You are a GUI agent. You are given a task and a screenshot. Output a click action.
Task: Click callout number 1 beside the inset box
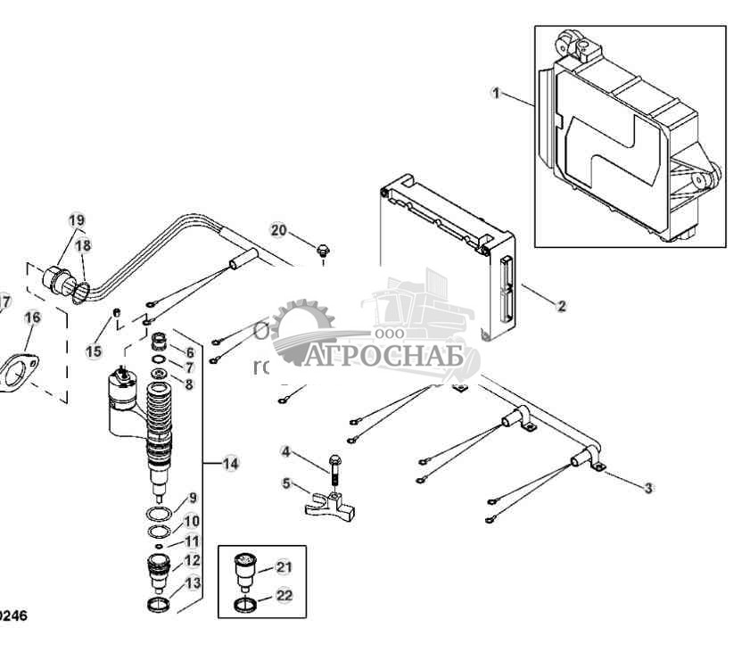(x=497, y=92)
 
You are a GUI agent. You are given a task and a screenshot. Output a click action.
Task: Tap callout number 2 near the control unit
(x=561, y=306)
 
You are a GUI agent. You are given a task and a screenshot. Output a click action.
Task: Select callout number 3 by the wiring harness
(x=649, y=487)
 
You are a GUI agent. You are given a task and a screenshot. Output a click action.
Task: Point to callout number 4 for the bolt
(x=286, y=451)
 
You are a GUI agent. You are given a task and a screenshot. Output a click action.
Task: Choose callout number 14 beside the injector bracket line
(x=231, y=464)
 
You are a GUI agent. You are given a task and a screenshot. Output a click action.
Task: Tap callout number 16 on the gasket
(x=32, y=317)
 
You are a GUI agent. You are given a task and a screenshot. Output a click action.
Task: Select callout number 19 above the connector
(x=77, y=220)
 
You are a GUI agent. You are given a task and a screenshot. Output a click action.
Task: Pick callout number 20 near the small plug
(x=279, y=230)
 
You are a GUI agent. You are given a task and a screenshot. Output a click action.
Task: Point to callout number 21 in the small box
(x=283, y=566)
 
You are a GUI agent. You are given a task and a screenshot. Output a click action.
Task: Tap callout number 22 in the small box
(x=284, y=597)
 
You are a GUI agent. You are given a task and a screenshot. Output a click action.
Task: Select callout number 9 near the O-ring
(x=192, y=498)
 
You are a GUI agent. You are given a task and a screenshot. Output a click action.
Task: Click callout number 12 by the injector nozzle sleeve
(x=192, y=560)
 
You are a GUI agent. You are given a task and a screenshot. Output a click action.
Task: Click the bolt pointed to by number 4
(x=333, y=468)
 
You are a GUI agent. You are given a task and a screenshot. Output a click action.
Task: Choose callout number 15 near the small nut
(x=94, y=351)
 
